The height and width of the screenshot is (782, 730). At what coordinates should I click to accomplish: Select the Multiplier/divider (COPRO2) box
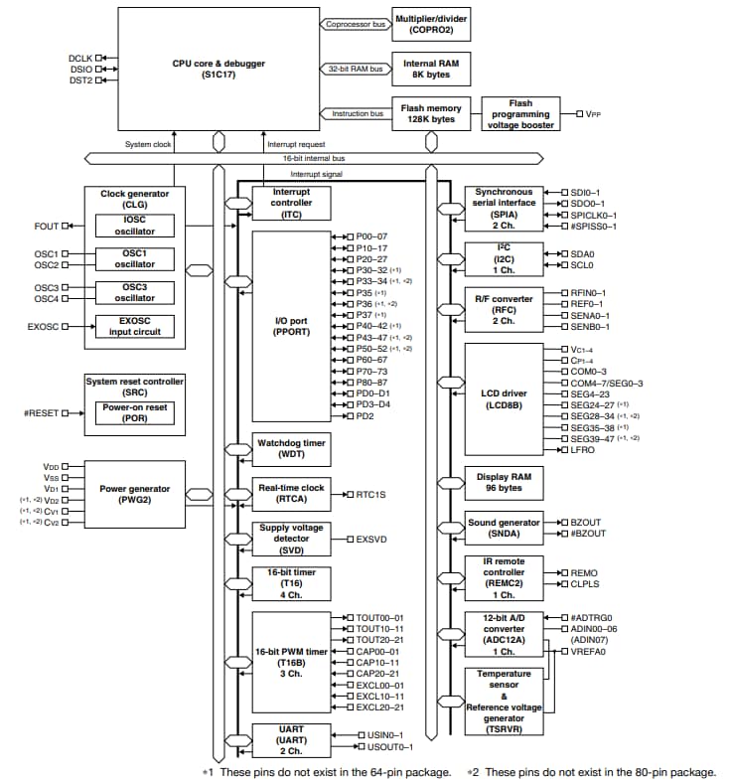click(431, 24)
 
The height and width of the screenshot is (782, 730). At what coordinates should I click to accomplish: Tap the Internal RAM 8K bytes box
click(431, 68)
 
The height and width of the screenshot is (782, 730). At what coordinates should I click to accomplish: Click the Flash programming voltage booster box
click(520, 114)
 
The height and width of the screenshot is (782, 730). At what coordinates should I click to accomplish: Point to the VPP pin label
click(595, 114)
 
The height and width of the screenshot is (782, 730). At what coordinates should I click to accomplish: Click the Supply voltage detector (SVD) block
click(292, 539)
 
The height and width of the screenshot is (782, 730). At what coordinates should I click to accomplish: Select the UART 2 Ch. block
click(292, 741)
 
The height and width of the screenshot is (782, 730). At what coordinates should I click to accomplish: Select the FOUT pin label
click(46, 226)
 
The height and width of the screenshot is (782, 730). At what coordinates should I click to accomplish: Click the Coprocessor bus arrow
click(353, 24)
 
